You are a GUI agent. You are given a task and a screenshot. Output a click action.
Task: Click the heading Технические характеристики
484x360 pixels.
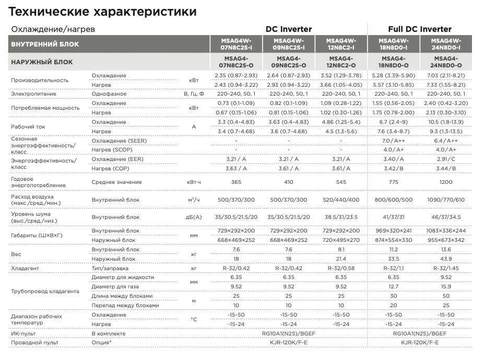pyautogui.click(x=103, y=11)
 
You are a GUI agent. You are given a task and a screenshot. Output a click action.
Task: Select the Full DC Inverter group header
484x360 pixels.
pyautogui.click(x=420, y=29)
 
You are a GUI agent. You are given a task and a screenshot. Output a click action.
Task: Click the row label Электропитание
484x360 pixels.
pyautogui.click(x=33, y=94)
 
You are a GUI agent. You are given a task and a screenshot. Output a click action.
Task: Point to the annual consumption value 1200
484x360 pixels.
pyautogui.click(x=446, y=182)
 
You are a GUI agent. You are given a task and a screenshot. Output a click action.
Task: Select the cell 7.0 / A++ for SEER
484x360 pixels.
pyautogui.click(x=394, y=141)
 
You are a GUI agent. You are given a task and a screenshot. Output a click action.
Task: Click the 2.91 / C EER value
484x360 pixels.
pyautogui.click(x=446, y=159)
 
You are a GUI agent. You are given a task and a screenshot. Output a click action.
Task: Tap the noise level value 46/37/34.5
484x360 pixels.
pyautogui.click(x=446, y=217)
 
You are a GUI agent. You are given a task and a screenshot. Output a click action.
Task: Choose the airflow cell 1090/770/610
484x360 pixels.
pyautogui.click(x=446, y=200)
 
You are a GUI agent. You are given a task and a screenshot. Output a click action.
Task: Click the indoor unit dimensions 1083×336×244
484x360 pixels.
pyautogui.click(x=446, y=230)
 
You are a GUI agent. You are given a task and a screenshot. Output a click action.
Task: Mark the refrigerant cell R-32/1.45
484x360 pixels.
pyautogui.click(x=446, y=268)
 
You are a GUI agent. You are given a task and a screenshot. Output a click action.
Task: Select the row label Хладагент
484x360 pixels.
pyautogui.click(x=26, y=268)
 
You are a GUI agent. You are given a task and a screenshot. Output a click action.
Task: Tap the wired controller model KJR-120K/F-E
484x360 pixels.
pyautogui.click(x=289, y=343)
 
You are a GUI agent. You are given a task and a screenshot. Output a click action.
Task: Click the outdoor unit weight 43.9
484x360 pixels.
pyautogui.click(x=446, y=259)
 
